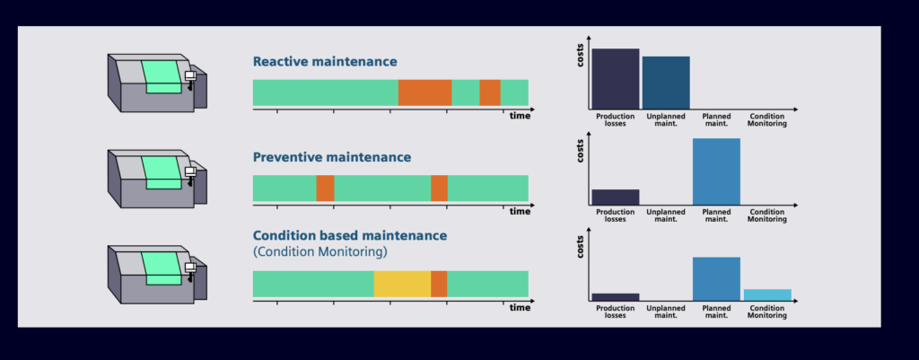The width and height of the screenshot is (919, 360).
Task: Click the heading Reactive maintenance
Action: point(325,62)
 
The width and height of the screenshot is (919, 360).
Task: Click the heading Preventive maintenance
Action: point(331,157)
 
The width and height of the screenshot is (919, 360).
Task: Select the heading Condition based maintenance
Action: point(349,235)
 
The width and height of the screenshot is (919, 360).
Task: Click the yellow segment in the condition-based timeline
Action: point(402,284)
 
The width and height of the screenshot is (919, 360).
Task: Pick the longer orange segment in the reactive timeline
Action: point(424,92)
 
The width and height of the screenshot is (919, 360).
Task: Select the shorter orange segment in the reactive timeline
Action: point(489,92)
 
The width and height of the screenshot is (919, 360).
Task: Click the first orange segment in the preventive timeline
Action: point(325,188)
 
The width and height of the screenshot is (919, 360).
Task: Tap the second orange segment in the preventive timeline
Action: point(439,188)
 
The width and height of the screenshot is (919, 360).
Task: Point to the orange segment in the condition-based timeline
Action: point(439,284)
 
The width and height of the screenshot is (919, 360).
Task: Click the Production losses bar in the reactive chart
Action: point(615,78)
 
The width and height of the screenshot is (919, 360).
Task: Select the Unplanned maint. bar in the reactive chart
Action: point(666,82)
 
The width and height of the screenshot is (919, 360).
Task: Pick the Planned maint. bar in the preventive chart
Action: point(716,171)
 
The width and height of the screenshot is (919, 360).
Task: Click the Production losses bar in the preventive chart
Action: point(615,197)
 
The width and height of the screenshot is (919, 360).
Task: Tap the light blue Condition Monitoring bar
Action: point(767,294)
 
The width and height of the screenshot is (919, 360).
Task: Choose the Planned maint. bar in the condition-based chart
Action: point(716,278)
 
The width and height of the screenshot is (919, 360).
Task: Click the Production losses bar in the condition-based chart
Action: point(615,296)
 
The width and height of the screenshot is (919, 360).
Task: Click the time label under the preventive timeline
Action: point(520,212)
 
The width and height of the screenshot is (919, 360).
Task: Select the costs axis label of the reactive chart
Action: point(580,57)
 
